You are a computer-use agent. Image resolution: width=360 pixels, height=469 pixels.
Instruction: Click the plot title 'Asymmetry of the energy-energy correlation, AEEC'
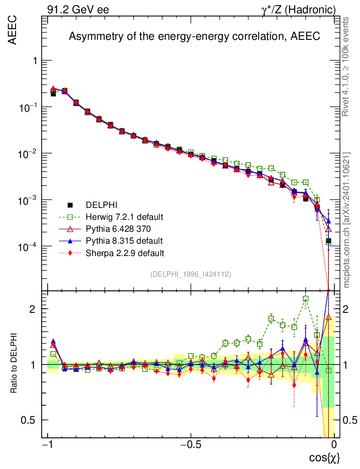(194, 37)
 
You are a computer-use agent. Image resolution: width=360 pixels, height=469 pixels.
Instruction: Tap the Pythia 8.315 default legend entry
(118, 240)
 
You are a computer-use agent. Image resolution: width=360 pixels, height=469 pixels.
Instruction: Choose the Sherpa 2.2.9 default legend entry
(118, 252)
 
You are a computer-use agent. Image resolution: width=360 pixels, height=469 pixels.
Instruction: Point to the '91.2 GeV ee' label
(77, 9)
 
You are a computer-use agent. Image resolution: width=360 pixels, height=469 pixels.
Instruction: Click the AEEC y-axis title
(12, 30)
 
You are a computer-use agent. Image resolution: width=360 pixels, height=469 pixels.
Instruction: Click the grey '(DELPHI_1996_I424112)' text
(191, 274)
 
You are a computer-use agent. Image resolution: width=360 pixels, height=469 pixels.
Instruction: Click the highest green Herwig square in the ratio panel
(305, 299)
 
